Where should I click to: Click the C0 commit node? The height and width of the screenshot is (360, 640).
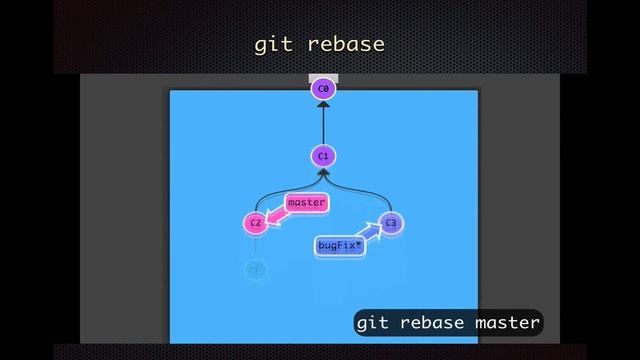(322, 89)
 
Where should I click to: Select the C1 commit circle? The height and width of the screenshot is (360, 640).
(322, 156)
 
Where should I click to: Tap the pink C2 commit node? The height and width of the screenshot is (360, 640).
(256, 223)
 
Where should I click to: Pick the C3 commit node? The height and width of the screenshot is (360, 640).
(390, 223)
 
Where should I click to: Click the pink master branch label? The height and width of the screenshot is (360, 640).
(306, 203)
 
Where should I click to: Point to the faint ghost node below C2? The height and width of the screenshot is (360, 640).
(256, 269)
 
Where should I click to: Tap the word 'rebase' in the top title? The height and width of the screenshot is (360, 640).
(346, 45)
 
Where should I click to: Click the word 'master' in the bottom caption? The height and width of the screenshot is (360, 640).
(507, 323)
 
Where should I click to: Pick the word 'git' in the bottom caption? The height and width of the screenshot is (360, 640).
(372, 323)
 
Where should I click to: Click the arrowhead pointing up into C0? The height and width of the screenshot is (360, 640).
(322, 104)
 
